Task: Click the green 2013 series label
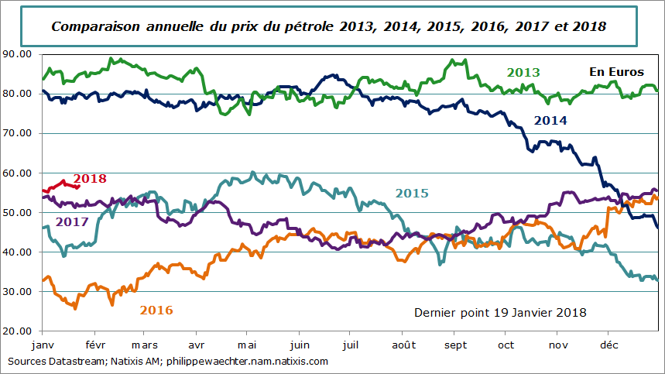[523, 73]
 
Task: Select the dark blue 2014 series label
[550, 121]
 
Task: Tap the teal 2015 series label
[412, 193]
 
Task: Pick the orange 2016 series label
[156, 310]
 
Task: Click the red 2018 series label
[90, 179]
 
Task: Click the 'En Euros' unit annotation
[616, 71]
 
